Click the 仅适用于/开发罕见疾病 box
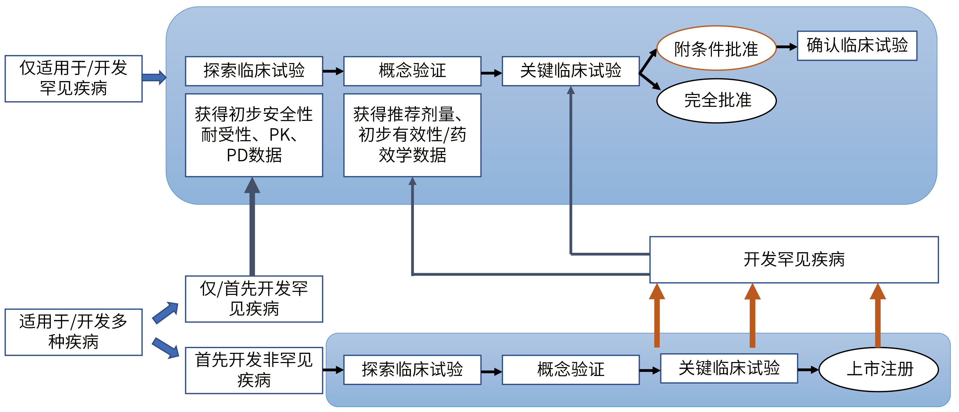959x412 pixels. click(x=73, y=79)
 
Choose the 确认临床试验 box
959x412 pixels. click(x=857, y=45)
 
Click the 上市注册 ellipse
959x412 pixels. click(x=879, y=369)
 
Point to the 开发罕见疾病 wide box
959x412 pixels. click(x=794, y=260)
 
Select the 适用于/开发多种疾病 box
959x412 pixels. click(x=73, y=332)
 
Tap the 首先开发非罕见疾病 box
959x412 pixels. click(x=254, y=370)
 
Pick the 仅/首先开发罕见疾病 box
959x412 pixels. click(x=254, y=299)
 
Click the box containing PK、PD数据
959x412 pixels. click(x=254, y=135)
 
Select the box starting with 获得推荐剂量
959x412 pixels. click(x=412, y=135)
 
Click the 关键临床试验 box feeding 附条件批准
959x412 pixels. click(x=570, y=71)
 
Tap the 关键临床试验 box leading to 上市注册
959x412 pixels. click(x=729, y=368)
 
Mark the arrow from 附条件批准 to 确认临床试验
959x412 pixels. click(x=786, y=47)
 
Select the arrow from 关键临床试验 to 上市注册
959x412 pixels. click(x=808, y=370)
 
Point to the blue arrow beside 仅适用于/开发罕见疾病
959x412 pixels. click(x=154, y=78)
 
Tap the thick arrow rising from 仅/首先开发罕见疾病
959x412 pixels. click(x=252, y=227)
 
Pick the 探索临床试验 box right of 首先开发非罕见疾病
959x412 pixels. click(x=412, y=370)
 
